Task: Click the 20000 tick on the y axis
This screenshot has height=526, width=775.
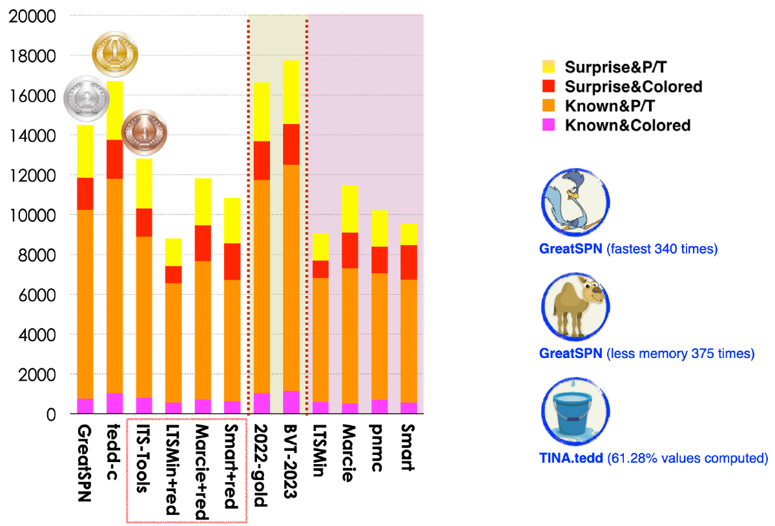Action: (x=32, y=16)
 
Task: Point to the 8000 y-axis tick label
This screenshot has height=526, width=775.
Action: (x=36, y=255)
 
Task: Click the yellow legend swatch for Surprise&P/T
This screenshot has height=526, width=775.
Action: (x=548, y=67)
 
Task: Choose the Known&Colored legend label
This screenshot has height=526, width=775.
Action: (x=627, y=125)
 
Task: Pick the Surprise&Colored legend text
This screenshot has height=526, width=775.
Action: (x=633, y=86)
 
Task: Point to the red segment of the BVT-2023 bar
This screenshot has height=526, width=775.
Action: (x=291, y=144)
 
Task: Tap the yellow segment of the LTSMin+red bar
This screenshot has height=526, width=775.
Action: (x=173, y=252)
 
